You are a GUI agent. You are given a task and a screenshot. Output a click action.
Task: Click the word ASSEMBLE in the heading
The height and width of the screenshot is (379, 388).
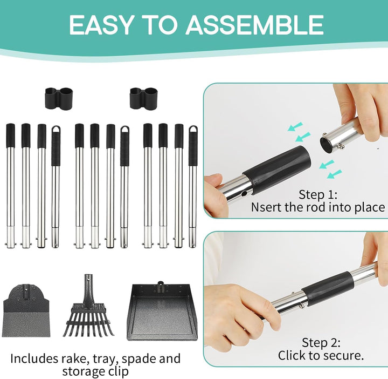click(254, 25)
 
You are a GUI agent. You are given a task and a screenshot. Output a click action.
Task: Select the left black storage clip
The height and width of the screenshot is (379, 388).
click(59, 98)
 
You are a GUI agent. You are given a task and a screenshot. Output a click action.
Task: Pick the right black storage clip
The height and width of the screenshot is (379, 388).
click(144, 98)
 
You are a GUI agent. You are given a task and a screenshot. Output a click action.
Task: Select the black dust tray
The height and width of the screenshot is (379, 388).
click(162, 312)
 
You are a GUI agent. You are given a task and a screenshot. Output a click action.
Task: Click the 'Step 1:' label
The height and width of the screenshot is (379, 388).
click(318, 194)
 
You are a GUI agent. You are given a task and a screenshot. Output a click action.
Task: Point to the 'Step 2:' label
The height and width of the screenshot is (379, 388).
click(321, 343)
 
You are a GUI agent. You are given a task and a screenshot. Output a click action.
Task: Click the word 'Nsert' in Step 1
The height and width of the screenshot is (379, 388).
click(266, 207)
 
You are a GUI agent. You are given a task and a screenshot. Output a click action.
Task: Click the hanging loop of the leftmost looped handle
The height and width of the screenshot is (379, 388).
click(56, 130)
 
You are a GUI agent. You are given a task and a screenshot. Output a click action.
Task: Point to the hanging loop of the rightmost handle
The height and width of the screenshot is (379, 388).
click(193, 130)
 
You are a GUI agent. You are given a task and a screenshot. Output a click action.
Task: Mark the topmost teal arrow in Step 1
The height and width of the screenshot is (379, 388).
click(295, 126)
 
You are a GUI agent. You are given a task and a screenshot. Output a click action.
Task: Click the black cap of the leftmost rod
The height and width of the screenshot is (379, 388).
click(10, 136)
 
